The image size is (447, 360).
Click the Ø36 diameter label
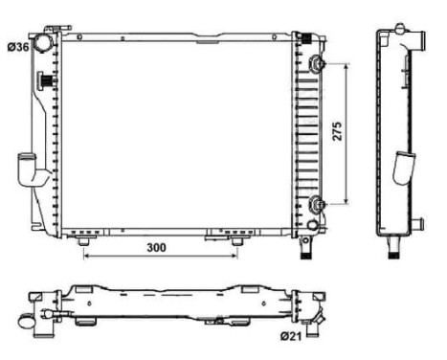[18, 45]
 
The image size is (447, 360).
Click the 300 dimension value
[159, 248]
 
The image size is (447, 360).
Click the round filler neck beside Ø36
[45, 45]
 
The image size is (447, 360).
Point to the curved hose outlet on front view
[34, 175]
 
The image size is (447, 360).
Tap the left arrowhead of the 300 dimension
[87, 257]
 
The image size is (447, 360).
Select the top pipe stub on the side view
[418, 40]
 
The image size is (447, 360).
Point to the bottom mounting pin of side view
[393, 251]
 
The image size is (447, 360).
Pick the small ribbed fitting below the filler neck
[44, 81]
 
